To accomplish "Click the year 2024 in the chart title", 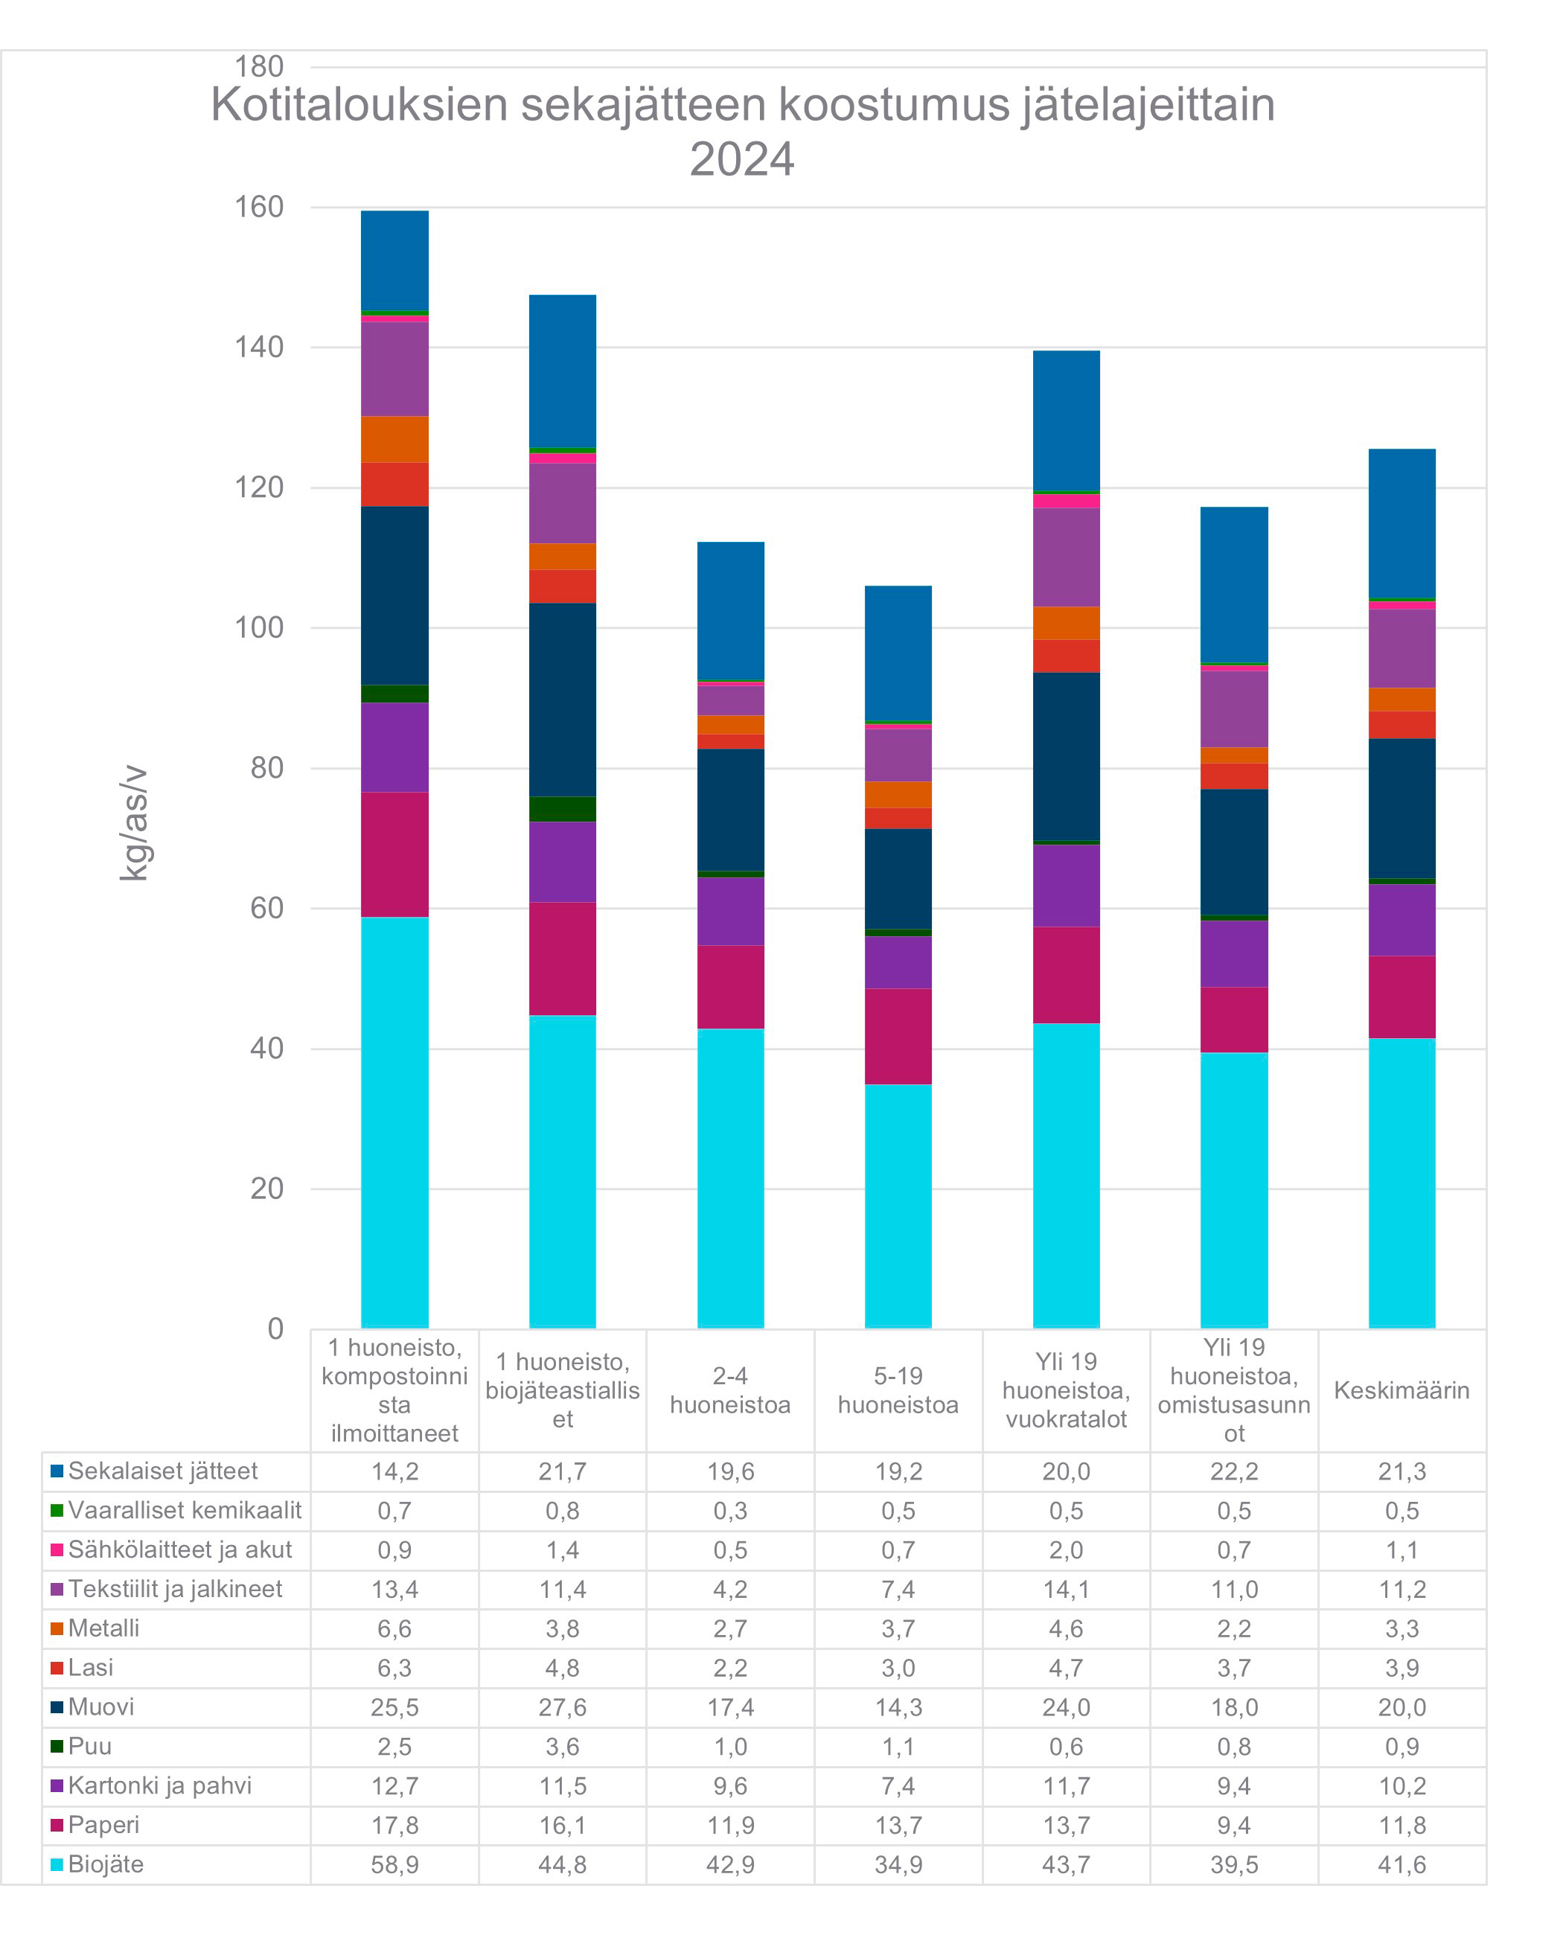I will pos(741,159).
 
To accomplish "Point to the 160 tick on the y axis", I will pos(258,207).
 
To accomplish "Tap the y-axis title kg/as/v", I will pos(133,822).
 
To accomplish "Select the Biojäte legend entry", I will pos(106,1864).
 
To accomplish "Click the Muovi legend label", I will pos(100,1707).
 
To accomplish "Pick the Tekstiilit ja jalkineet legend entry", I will pos(175,1588).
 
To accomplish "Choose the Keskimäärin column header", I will pos(1401,1390).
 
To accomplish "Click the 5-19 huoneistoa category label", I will pos(898,1390).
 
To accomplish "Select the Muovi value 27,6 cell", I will pos(562,1707).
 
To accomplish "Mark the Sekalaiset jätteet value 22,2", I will pos(1233,1471).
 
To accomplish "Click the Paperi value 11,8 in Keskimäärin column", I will pos(1401,1825).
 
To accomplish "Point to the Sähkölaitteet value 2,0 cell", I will pos(1066,1549).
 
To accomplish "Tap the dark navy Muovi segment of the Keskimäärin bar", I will pos(1401,807).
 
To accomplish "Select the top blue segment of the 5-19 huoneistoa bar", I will pos(898,653).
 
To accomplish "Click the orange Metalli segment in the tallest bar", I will pos(394,439).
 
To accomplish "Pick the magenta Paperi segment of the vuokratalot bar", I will pos(1066,975).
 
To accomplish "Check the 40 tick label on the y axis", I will pos(266,1048).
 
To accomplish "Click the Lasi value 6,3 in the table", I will pos(394,1668).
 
